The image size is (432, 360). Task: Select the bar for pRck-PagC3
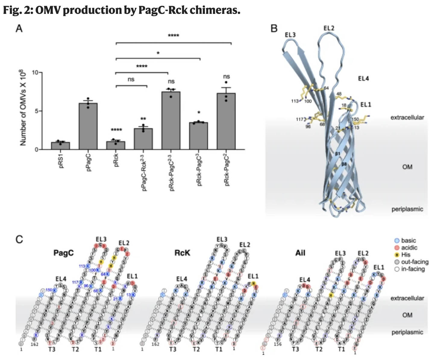click(x=199, y=136)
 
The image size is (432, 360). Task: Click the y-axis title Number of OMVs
click(x=23, y=109)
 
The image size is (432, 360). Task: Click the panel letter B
click(x=274, y=29)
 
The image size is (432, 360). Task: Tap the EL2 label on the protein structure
click(x=329, y=28)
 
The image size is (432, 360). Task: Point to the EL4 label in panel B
click(x=364, y=78)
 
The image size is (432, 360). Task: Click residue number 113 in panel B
click(x=295, y=101)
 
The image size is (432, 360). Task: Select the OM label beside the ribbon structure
click(x=407, y=167)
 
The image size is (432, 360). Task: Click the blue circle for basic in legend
click(x=397, y=241)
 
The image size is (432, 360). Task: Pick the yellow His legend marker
click(x=397, y=255)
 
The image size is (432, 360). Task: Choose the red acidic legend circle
click(x=397, y=248)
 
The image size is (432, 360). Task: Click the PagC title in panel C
click(x=64, y=252)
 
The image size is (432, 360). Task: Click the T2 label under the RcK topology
click(x=196, y=349)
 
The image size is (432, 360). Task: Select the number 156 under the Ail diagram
click(x=277, y=344)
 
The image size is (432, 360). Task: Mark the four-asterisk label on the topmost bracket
click(x=174, y=36)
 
